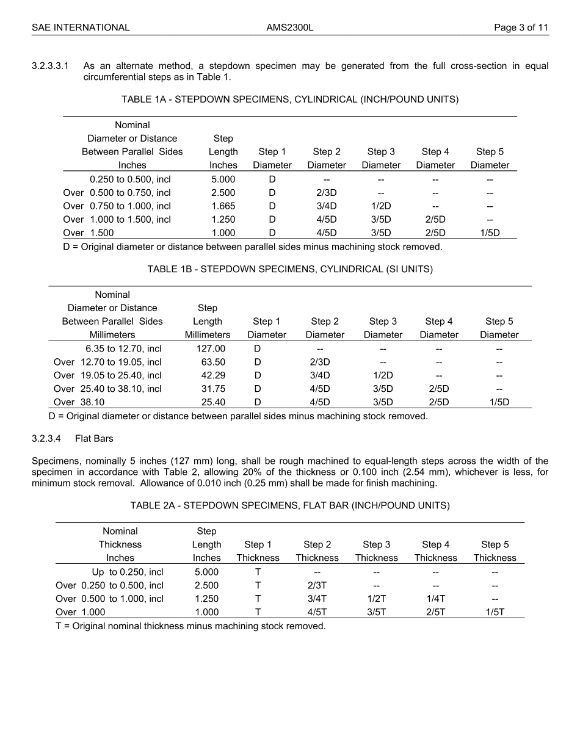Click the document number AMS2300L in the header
(290, 27)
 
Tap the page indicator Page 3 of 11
(521, 27)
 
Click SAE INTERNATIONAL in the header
(81, 27)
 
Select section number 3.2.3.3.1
(51, 66)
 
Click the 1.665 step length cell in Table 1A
(223, 206)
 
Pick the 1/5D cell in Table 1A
(490, 233)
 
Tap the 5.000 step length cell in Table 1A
(223, 179)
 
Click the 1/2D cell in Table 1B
(383, 376)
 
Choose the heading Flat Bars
(95, 439)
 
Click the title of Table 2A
(290, 506)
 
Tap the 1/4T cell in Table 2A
(435, 599)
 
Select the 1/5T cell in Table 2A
(495, 613)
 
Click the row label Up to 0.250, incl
(128, 572)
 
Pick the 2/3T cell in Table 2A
(317, 586)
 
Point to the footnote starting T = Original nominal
(190, 627)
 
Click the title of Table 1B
(290, 270)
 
